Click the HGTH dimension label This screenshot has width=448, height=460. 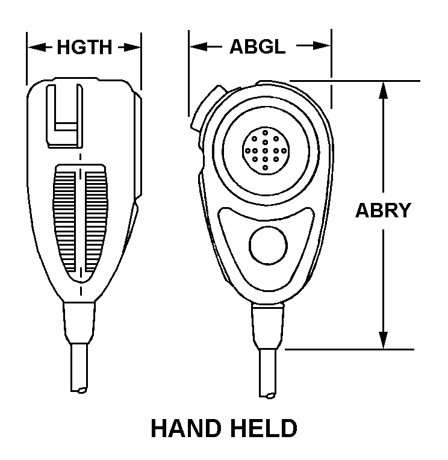click(x=84, y=47)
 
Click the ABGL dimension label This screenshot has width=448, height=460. click(x=258, y=47)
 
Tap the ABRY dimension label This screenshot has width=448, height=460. click(x=382, y=210)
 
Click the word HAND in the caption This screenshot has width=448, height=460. click(x=185, y=429)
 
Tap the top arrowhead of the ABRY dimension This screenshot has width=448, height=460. click(x=383, y=88)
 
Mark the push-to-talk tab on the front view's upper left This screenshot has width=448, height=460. click(x=205, y=108)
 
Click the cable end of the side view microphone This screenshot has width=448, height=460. click(x=81, y=390)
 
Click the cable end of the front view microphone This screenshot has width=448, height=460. click(x=269, y=394)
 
